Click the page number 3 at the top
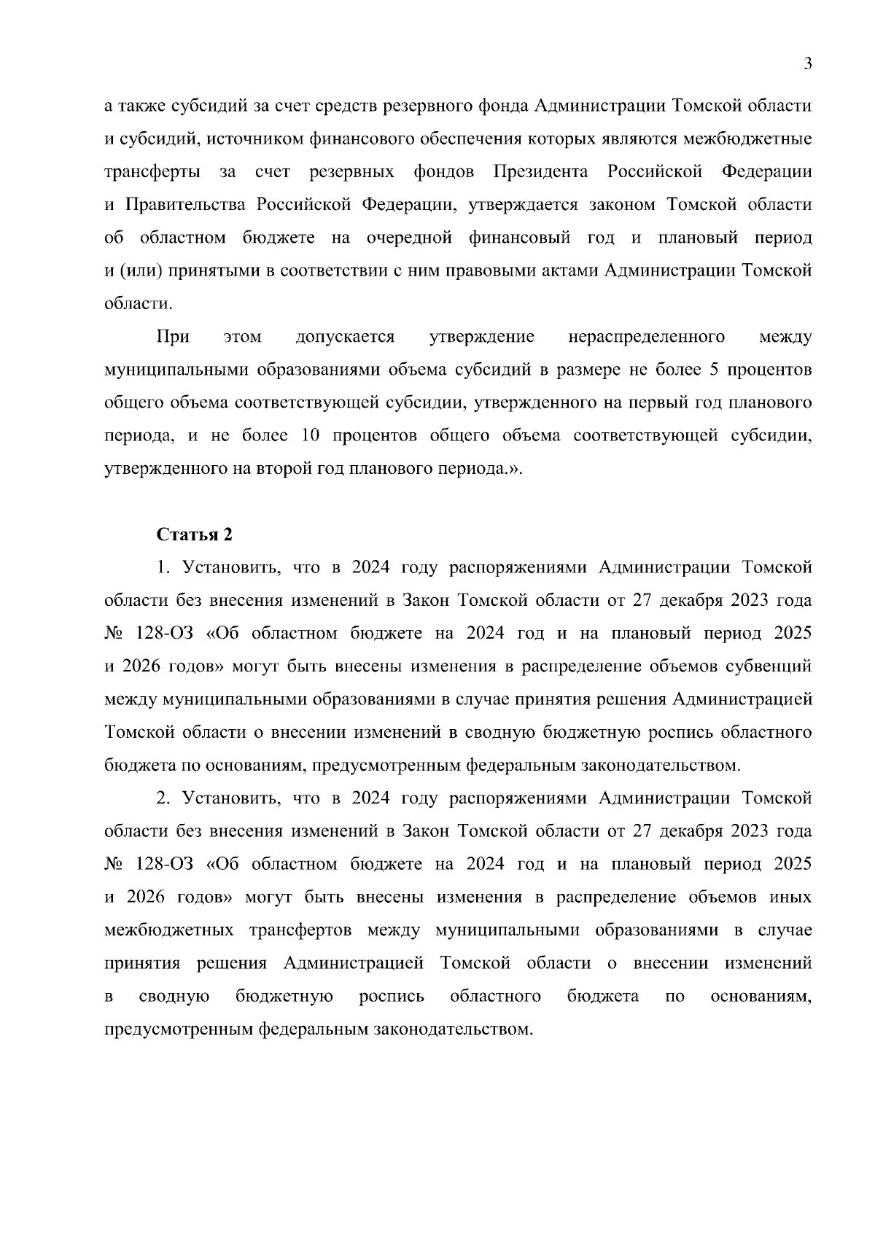tap(807, 63)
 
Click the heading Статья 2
tap(195, 534)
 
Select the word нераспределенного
tap(646, 337)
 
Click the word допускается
tap(345, 337)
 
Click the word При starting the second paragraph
tap(173, 337)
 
